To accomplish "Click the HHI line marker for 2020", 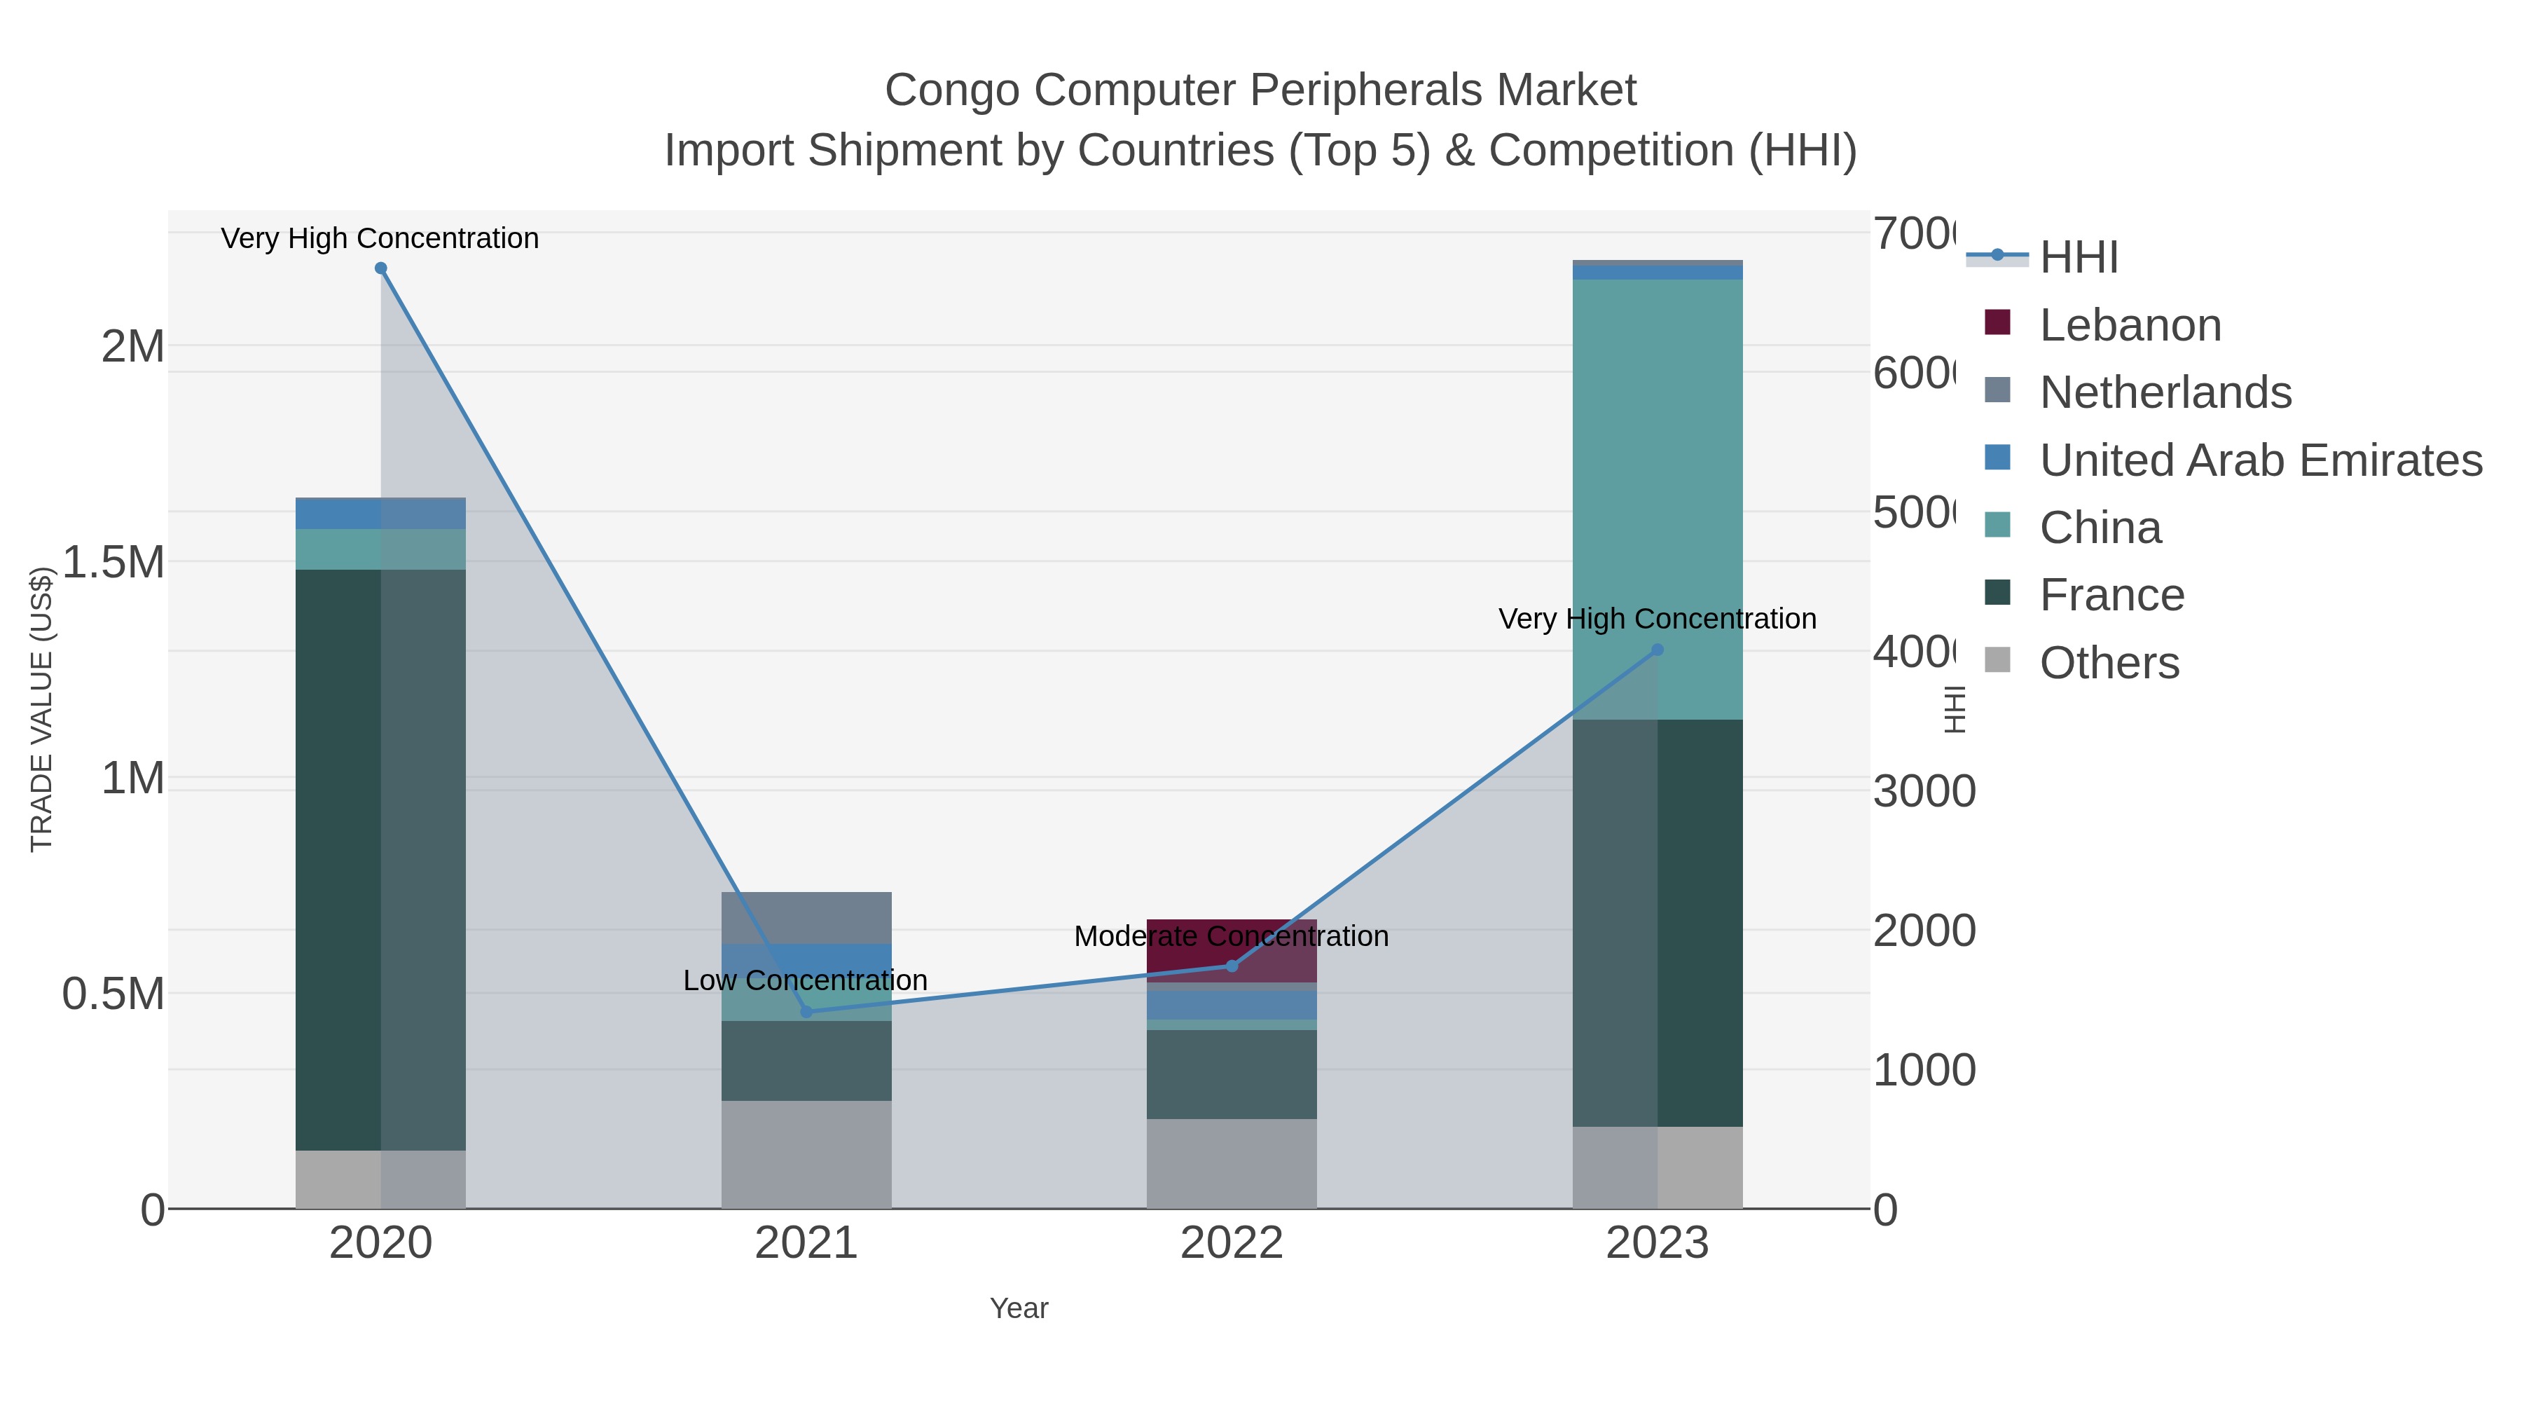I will point(381,268).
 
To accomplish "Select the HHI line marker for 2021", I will point(807,1012).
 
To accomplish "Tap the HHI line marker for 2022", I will point(1232,966).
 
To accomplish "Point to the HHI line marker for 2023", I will point(1658,650).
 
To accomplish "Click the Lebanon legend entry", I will point(2130,325).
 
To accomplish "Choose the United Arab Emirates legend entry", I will point(2259,460).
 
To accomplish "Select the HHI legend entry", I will point(2078,258).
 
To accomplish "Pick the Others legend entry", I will point(2109,663).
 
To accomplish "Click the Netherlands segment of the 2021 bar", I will point(807,917).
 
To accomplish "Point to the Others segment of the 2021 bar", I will point(807,1155).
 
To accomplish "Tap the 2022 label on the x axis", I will point(1232,1244).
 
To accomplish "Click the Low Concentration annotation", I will point(805,980).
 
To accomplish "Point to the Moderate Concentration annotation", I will point(1232,936).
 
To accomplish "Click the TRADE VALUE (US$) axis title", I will point(41,709).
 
